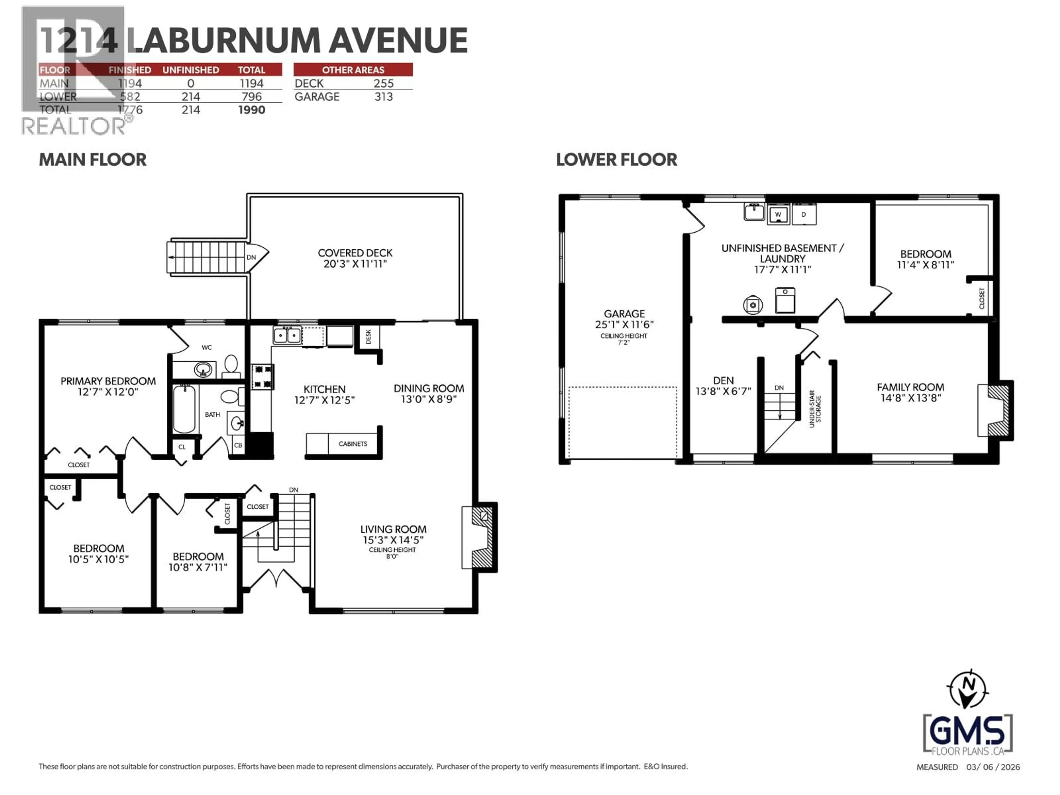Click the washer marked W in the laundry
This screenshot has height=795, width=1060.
(778, 214)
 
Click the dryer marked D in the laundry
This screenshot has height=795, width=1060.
(804, 214)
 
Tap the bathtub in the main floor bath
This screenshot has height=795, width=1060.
(184, 409)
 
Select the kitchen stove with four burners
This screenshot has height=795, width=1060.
(263, 377)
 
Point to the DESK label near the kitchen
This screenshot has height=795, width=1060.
(368, 336)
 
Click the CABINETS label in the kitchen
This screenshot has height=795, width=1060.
(353, 444)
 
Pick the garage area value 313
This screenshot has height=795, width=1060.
(383, 97)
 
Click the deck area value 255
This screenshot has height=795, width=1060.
(383, 83)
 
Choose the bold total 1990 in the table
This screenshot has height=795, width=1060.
(251, 110)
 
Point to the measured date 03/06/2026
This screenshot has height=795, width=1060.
(993, 767)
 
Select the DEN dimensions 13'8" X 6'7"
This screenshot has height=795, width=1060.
(723, 391)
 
